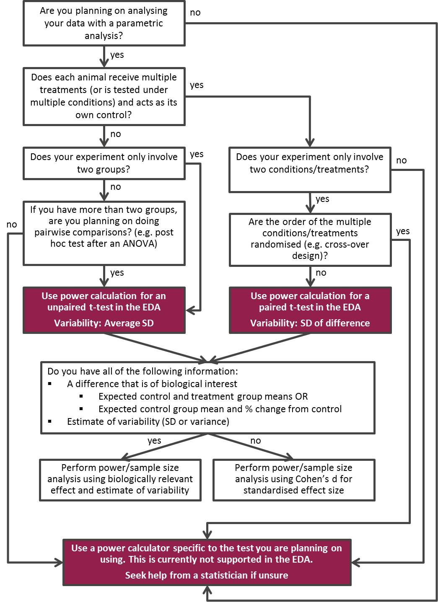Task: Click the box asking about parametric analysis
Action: click(104, 23)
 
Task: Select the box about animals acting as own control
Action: click(104, 96)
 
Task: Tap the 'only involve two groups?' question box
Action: click(104, 163)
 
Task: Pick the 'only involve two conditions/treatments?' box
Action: click(310, 169)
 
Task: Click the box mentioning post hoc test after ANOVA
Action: click(104, 233)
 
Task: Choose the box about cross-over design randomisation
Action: click(310, 239)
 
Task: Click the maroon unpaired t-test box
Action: click(104, 310)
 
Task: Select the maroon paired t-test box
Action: click(310, 310)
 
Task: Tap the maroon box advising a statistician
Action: click(207, 562)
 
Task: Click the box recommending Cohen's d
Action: click(294, 479)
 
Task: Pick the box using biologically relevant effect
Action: click(120, 479)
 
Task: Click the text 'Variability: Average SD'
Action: click(104, 323)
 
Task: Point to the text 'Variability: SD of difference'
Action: click(310, 323)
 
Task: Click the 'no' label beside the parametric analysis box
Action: click(195, 13)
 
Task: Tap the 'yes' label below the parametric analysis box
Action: click(117, 55)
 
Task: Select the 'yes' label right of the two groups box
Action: click(197, 154)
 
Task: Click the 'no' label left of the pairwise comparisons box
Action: click(12, 225)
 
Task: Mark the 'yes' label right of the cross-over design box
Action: click(403, 231)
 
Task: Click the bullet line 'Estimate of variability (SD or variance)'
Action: click(148, 421)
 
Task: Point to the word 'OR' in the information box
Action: click(301, 396)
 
